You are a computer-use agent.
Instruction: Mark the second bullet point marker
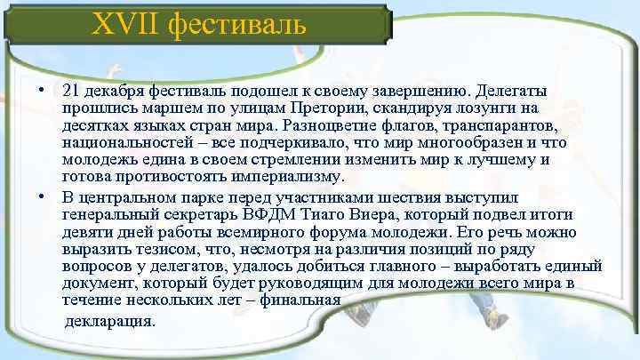42,197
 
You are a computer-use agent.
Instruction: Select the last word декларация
110,320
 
